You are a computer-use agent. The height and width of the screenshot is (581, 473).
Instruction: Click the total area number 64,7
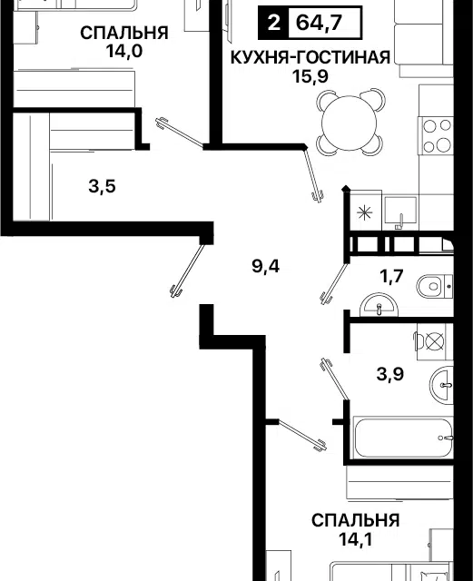pyautogui.click(x=319, y=24)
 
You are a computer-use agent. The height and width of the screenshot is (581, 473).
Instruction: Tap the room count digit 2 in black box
pyautogui.click(x=273, y=24)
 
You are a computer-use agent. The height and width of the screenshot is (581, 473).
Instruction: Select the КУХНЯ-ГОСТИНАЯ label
pyautogui.click(x=310, y=57)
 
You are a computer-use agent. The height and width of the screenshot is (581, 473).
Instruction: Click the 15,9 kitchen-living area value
pyautogui.click(x=310, y=76)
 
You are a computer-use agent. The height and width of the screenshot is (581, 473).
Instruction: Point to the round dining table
pyautogui.click(x=350, y=123)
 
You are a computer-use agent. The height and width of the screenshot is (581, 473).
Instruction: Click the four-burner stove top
pyautogui.click(x=437, y=135)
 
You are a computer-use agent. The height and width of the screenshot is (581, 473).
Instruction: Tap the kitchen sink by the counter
pyautogui.click(x=400, y=212)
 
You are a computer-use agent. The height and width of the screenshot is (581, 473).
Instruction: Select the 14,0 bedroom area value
pyautogui.click(x=123, y=51)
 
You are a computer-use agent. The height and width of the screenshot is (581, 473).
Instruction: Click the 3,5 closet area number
pyautogui.click(x=102, y=186)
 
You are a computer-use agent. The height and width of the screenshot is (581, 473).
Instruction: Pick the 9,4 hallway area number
pyautogui.click(x=265, y=266)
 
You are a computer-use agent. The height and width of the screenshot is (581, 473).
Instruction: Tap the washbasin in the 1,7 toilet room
pyautogui.click(x=379, y=305)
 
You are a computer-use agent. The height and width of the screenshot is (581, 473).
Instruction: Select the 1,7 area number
pyautogui.click(x=391, y=276)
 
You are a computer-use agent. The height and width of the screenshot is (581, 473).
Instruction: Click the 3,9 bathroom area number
pyautogui.click(x=390, y=374)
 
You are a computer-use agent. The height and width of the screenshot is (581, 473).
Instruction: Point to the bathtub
pyautogui.click(x=403, y=438)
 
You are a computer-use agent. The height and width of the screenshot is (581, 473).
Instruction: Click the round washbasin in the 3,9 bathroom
pyautogui.click(x=442, y=385)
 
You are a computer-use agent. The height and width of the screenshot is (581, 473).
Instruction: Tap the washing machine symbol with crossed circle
pyautogui.click(x=434, y=341)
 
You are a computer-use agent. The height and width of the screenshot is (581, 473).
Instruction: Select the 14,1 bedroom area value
pyautogui.click(x=355, y=540)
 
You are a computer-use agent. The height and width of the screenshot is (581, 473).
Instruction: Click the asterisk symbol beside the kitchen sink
pyautogui.click(x=364, y=213)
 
